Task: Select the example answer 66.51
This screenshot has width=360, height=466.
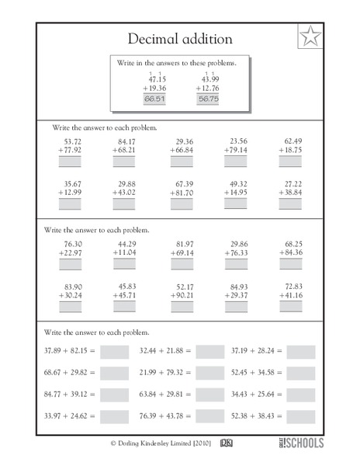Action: [x=154, y=99]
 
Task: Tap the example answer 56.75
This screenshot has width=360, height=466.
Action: [x=208, y=99]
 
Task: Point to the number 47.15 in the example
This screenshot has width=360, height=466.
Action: [x=157, y=79]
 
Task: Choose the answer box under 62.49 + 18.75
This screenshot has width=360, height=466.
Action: [x=290, y=162]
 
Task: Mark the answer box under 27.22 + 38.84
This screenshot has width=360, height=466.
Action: [x=290, y=204]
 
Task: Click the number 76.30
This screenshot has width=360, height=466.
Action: [x=71, y=244]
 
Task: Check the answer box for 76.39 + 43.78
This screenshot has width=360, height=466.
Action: [x=209, y=416]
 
